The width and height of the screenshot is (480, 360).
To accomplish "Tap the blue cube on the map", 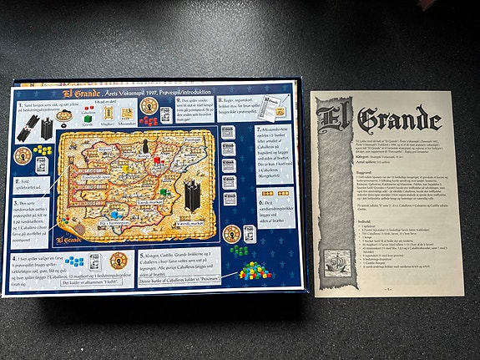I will pyautogui.click(x=114, y=214).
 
